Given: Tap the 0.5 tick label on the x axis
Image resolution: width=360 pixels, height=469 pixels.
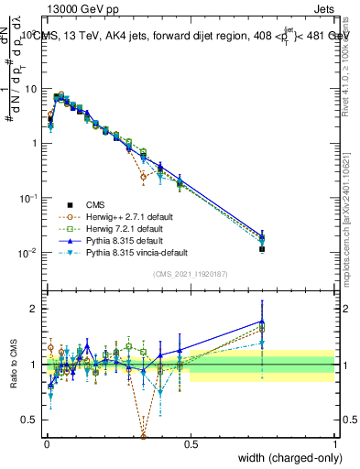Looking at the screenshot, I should click(x=191, y=443).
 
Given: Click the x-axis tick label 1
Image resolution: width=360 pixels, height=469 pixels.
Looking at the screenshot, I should click(x=334, y=443).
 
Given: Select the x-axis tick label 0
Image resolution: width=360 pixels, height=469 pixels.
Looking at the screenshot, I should click(x=47, y=443).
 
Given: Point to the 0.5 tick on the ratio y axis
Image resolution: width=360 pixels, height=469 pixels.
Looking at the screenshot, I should click(x=31, y=420).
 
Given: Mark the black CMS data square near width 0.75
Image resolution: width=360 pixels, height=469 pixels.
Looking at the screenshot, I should click(x=262, y=248).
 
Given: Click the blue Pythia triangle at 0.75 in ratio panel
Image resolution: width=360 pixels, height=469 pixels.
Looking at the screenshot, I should click(x=262, y=322).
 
